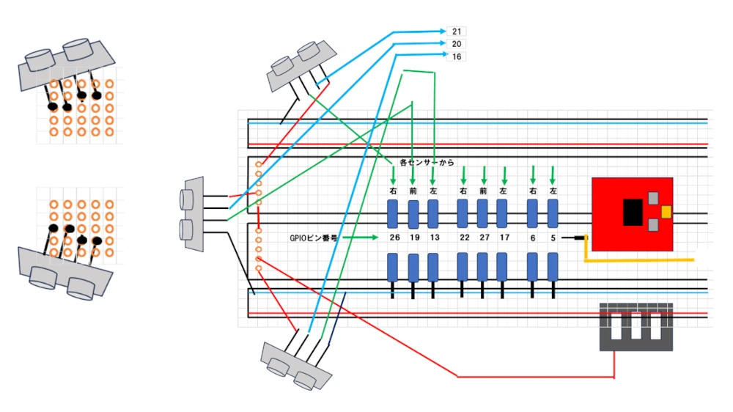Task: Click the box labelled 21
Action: coord(457,31)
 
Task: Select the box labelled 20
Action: coord(457,44)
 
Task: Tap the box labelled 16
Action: coord(457,56)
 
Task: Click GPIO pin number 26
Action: coord(394,238)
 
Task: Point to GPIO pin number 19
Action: coord(413,238)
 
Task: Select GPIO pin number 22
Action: coord(463,238)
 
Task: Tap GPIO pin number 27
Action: coord(483,238)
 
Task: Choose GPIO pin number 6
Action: coord(533,238)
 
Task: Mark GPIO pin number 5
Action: coord(553,238)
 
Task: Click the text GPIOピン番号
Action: coord(313,238)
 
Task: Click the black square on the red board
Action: coord(633,213)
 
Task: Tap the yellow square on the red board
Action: coord(666,212)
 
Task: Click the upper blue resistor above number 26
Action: coord(394,213)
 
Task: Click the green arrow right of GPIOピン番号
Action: coord(360,238)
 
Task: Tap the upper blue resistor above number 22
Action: coord(463,213)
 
